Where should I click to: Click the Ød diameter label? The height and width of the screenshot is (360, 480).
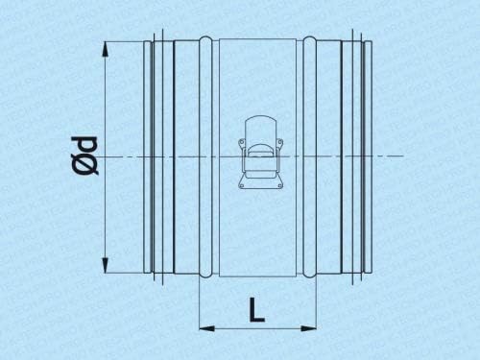(84, 156)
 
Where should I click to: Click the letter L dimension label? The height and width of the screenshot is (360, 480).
(256, 309)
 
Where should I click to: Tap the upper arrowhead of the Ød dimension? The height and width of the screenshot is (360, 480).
(105, 50)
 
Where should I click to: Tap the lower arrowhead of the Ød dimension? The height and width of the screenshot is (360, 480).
(105, 265)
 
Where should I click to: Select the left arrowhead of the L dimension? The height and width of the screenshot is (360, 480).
(206, 328)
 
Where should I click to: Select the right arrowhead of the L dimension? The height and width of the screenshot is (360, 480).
(308, 328)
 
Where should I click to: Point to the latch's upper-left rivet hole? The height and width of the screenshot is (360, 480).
(241, 141)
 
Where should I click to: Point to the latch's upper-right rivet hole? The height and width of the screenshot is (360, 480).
(278, 141)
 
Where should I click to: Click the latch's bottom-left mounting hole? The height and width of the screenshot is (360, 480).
(242, 184)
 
